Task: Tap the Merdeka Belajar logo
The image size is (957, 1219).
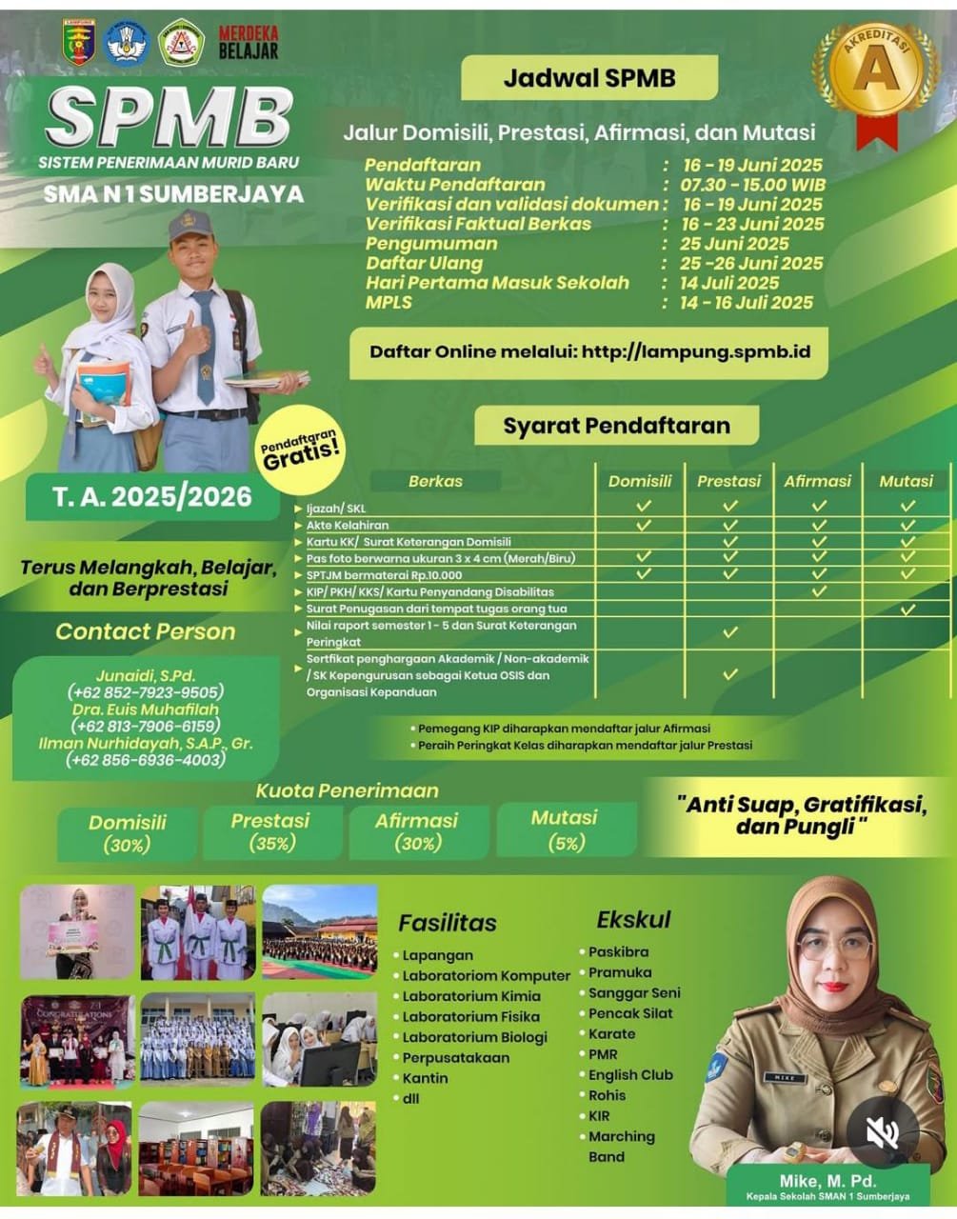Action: coord(249,42)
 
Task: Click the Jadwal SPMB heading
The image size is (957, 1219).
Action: coord(588,78)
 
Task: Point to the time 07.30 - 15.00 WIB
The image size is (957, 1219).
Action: coord(752,185)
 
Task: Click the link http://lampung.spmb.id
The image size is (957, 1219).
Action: coord(696,351)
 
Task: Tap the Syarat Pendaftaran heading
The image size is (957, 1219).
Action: coord(616,426)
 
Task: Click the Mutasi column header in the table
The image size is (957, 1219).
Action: coord(906,481)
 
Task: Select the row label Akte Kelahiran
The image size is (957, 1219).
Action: coord(348,525)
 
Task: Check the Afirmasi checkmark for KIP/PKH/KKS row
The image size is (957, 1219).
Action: coord(819,591)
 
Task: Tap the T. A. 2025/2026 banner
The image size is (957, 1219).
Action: coord(152,497)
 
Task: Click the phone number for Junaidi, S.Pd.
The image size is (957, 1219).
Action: coord(145,692)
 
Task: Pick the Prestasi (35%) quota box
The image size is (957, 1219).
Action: coord(270,831)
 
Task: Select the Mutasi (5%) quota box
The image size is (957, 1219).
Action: coord(565,829)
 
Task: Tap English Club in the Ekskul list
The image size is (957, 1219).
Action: coord(630,1074)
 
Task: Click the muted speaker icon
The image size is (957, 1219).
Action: coord(882,1132)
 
